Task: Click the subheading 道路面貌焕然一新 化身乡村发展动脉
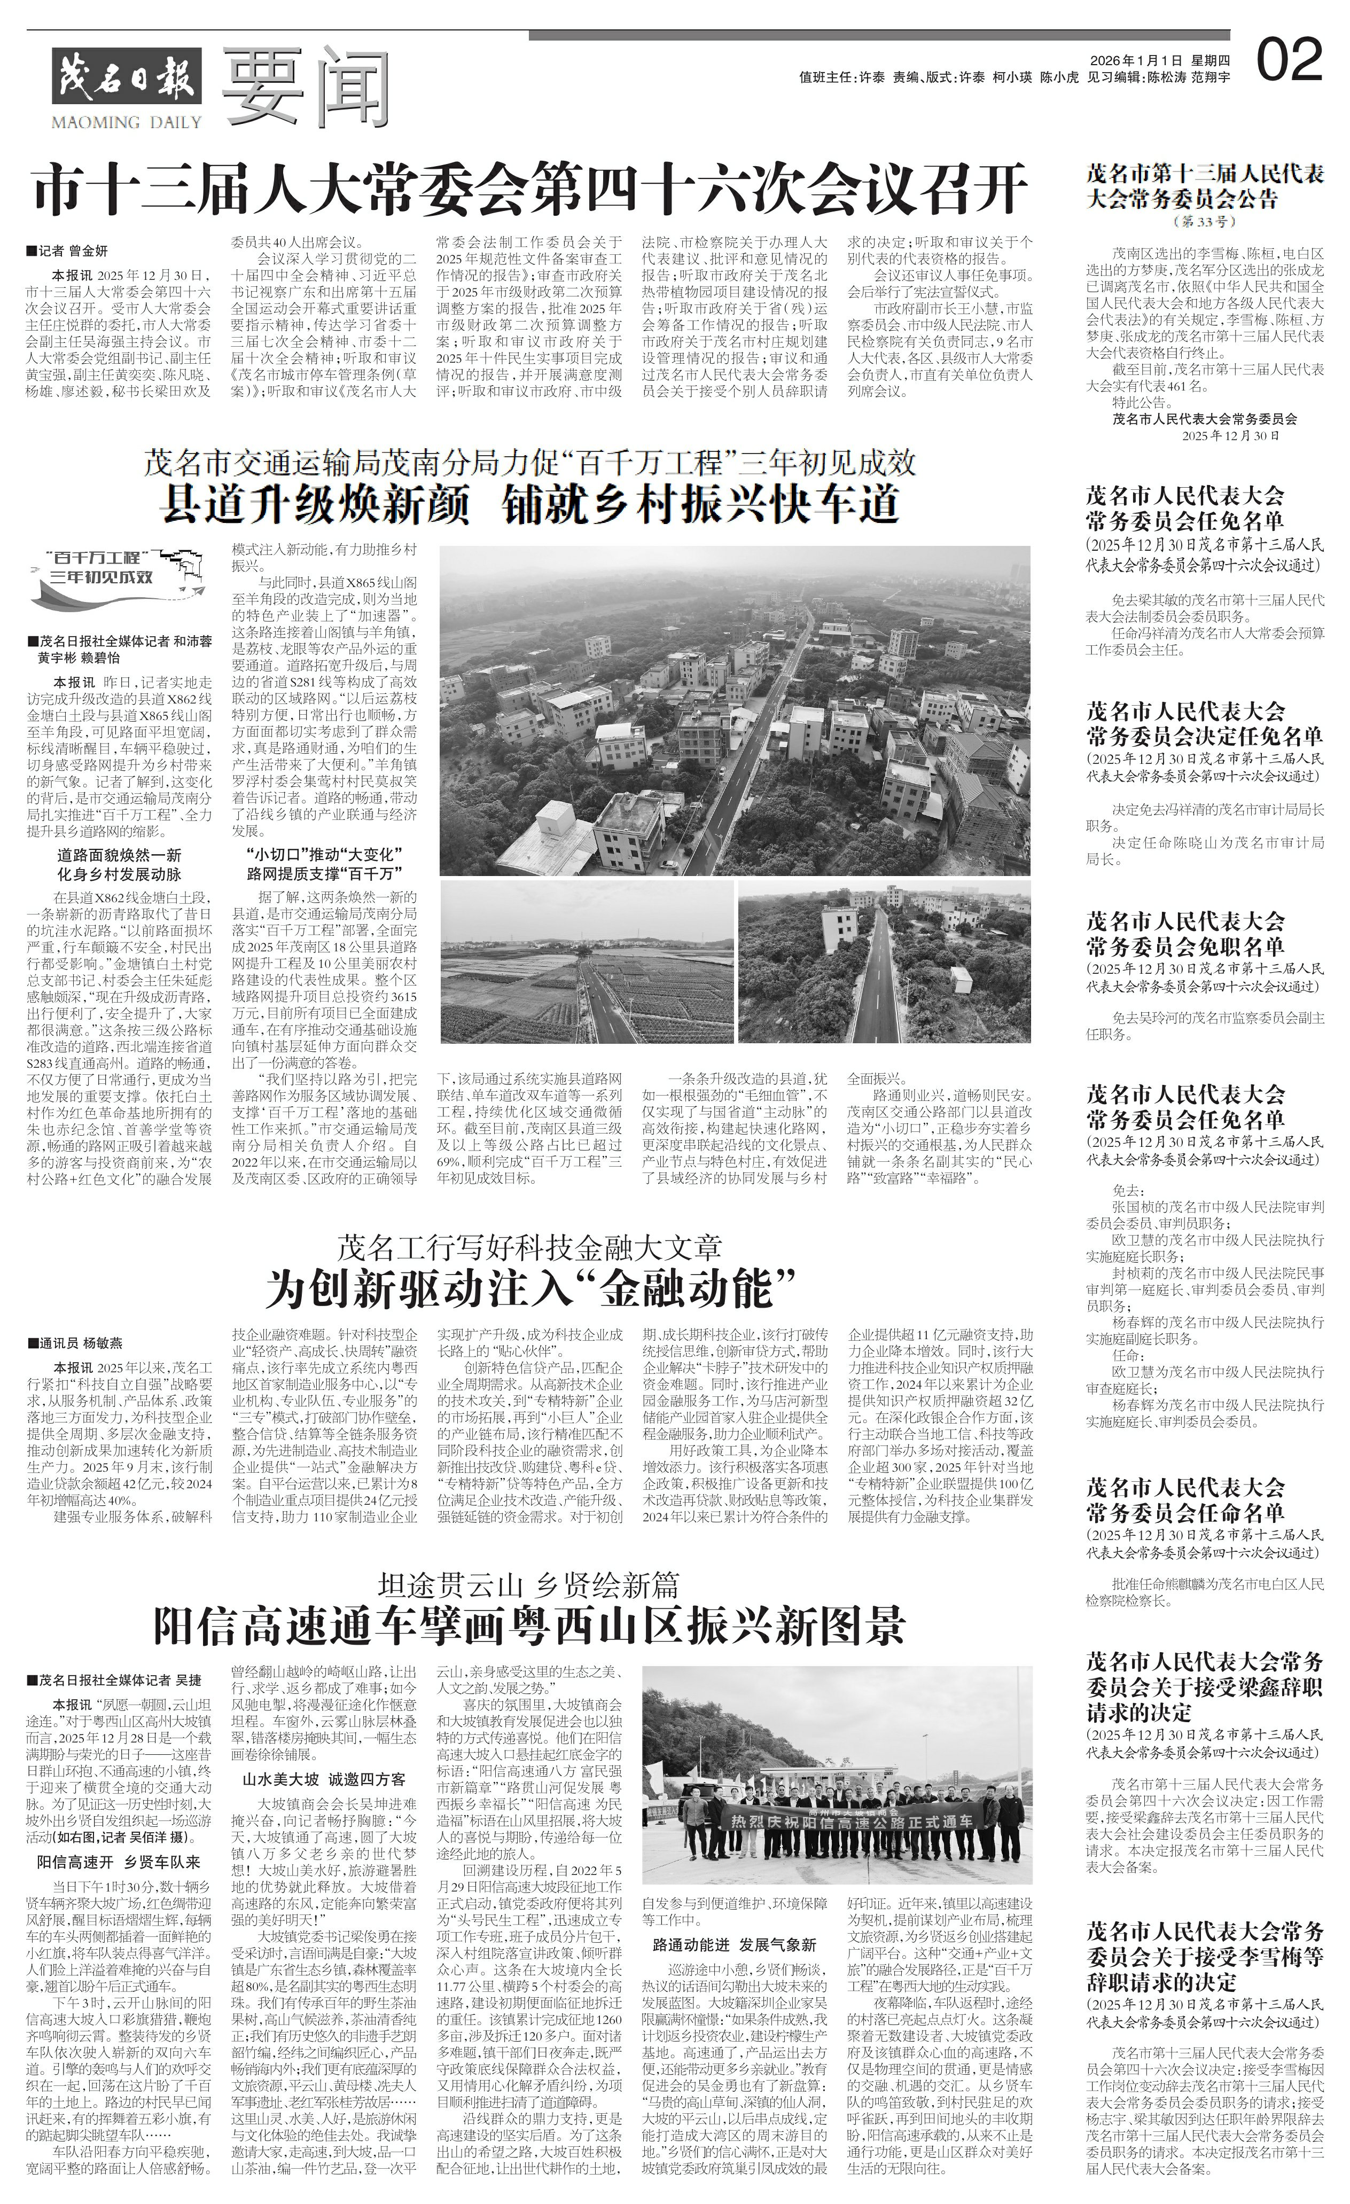pyautogui.click(x=119, y=864)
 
